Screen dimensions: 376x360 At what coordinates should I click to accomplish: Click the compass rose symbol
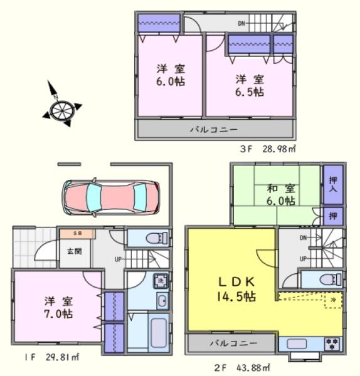coord(62,105)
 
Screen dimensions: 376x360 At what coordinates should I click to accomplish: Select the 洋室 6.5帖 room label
coord(250,85)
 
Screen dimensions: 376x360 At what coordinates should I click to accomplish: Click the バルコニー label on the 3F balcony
coord(214,130)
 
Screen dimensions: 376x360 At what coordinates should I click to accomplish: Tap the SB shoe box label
coord(77,234)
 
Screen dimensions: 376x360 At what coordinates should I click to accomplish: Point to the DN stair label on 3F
coord(241,24)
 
